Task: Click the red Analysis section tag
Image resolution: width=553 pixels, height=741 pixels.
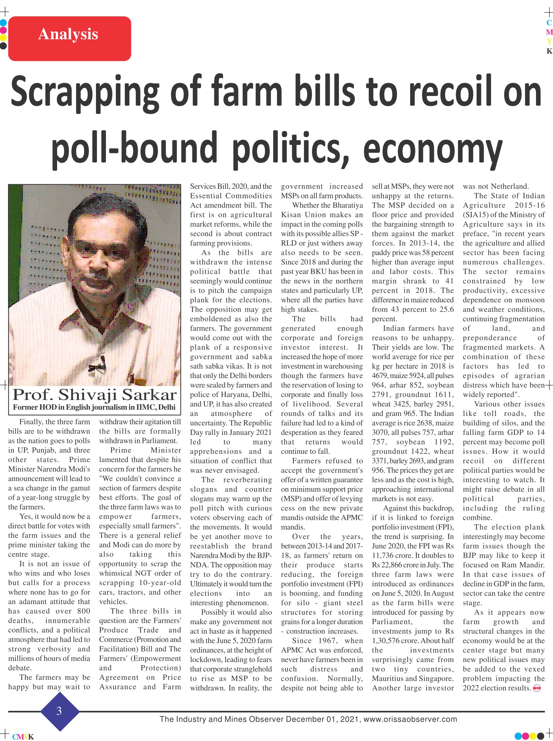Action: click(x=69, y=39)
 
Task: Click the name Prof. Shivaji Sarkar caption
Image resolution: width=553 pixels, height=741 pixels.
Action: click(x=95, y=395)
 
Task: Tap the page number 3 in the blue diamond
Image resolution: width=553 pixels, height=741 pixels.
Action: click(x=59, y=711)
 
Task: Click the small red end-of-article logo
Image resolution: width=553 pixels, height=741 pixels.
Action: click(x=537, y=688)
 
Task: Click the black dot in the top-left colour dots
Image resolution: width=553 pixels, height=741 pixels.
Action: click(x=3, y=46)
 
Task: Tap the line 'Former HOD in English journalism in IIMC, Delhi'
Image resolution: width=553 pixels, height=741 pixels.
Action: click(x=94, y=407)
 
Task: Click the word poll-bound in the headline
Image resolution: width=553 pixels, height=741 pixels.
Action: click(x=134, y=147)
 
